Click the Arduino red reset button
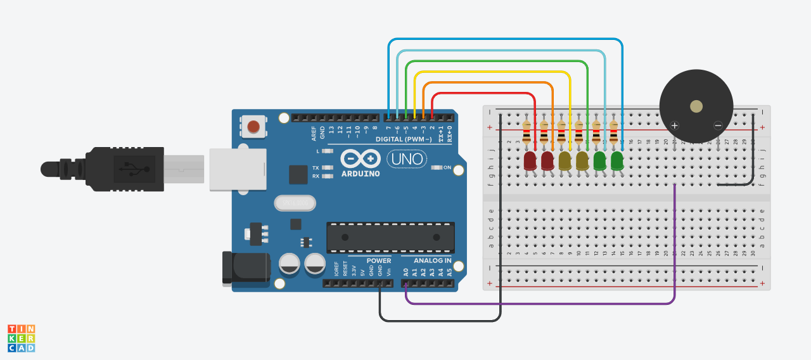[253, 127]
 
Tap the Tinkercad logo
[21, 338]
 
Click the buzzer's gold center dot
[696, 106]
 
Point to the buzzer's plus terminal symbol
[675, 125]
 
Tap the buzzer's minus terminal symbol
[718, 125]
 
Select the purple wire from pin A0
[539, 304]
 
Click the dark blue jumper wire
[507, 39]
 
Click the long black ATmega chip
[390, 237]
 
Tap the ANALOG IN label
[433, 260]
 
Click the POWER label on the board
[379, 260]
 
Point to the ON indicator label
[447, 167]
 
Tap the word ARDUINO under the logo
[361, 174]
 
